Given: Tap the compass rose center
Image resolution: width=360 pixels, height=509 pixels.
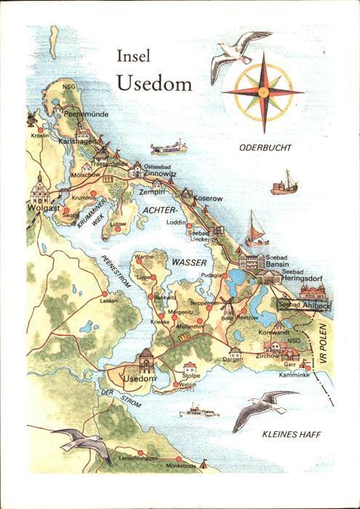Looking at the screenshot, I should pyautogui.click(x=263, y=92).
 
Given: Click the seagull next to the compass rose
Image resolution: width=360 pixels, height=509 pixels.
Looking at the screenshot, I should pyautogui.click(x=237, y=53).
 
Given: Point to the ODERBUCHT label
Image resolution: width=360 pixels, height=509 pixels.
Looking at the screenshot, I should pyautogui.click(x=265, y=148).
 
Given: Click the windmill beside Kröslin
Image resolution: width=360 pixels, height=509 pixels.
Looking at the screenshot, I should pyautogui.click(x=31, y=119).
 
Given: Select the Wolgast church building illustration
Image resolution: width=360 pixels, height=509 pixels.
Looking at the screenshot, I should pyautogui.click(x=39, y=191).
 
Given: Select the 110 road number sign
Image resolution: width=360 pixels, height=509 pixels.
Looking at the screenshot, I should pyautogui.click(x=184, y=337).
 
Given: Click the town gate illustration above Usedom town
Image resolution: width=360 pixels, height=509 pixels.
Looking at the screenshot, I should pyautogui.click(x=146, y=360).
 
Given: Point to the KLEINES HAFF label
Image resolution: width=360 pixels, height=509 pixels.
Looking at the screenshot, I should pyautogui.click(x=291, y=434).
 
